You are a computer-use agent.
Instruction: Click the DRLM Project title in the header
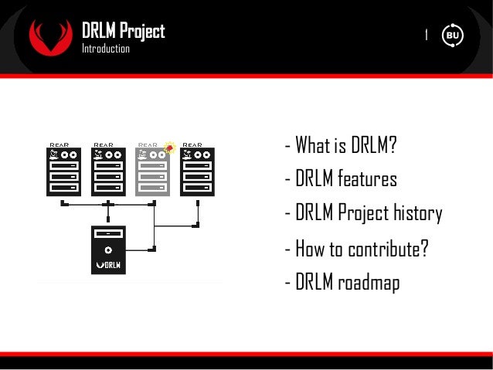pyautogui.click(x=124, y=31)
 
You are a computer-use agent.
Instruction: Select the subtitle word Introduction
pyautogui.click(x=106, y=49)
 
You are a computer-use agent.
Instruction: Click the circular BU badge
pyautogui.click(x=452, y=36)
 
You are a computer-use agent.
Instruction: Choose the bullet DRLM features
pyautogui.click(x=341, y=179)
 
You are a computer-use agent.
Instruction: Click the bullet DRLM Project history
pyautogui.click(x=363, y=213)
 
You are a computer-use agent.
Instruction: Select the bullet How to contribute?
pyautogui.click(x=356, y=249)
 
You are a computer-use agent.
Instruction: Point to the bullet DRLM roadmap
pyautogui.click(x=342, y=283)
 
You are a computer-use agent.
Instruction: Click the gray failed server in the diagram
pyautogui.click(x=153, y=171)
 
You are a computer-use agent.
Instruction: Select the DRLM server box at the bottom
pyautogui.click(x=109, y=249)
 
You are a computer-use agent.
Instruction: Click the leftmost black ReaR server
pyautogui.click(x=64, y=171)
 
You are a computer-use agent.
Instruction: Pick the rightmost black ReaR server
pyautogui.click(x=197, y=171)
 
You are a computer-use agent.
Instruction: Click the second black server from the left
pyautogui.click(x=109, y=171)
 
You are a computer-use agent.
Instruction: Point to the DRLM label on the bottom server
pyautogui.click(x=109, y=265)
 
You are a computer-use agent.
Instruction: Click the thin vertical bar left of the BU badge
pyautogui.click(x=427, y=35)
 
